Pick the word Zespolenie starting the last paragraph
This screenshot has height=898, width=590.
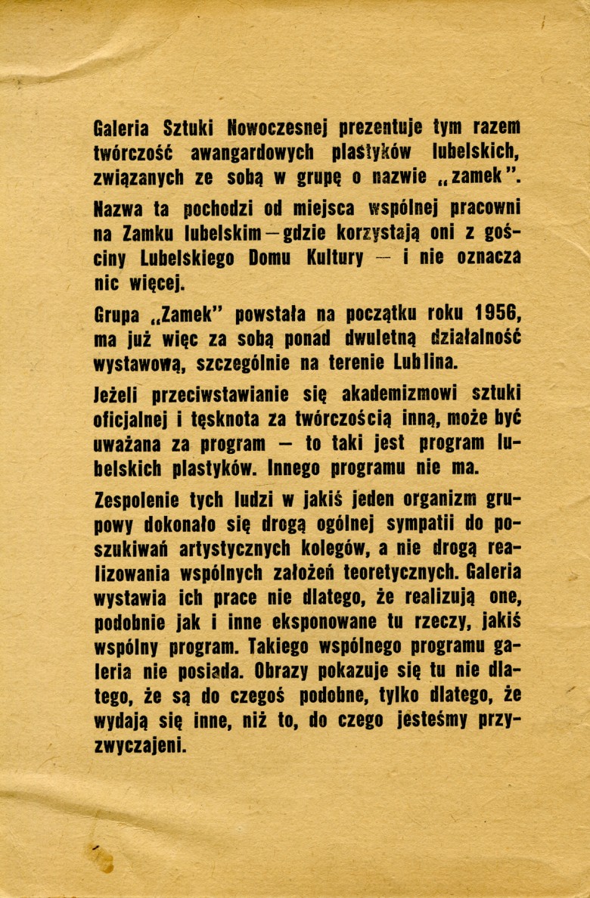click(138, 498)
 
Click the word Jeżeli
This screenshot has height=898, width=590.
click(115, 393)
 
